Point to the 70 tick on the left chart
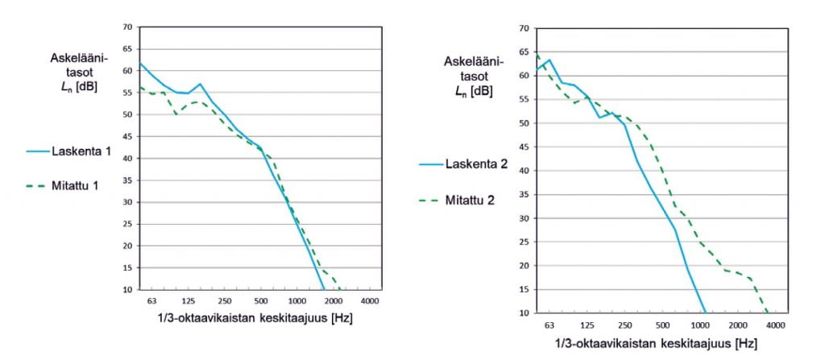tap(126, 27)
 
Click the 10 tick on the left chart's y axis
tap(126, 289)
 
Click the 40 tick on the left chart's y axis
tap(126, 159)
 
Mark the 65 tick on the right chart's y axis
tap(524, 52)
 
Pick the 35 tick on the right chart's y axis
tap(524, 195)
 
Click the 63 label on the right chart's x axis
tap(549, 325)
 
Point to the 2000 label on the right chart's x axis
tap(736, 325)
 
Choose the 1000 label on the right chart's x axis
tap(699, 325)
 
